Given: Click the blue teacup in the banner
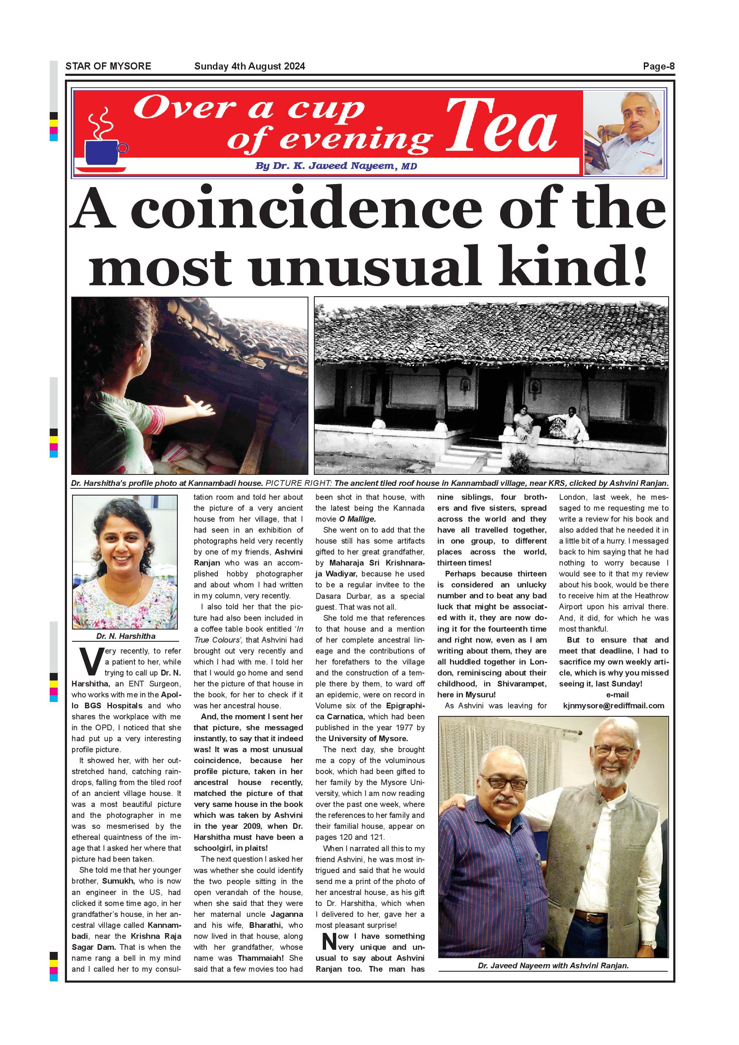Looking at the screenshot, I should [104, 153].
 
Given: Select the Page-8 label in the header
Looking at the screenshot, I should [658, 67].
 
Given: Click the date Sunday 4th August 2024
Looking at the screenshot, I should [249, 67].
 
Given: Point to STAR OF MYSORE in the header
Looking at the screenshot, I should [108, 67].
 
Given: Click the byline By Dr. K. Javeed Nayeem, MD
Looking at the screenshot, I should [336, 166].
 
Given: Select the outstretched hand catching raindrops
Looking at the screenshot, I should [200, 405].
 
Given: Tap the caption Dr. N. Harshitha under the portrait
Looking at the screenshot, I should [126, 636].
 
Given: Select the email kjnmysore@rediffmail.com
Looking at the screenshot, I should [613, 706].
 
